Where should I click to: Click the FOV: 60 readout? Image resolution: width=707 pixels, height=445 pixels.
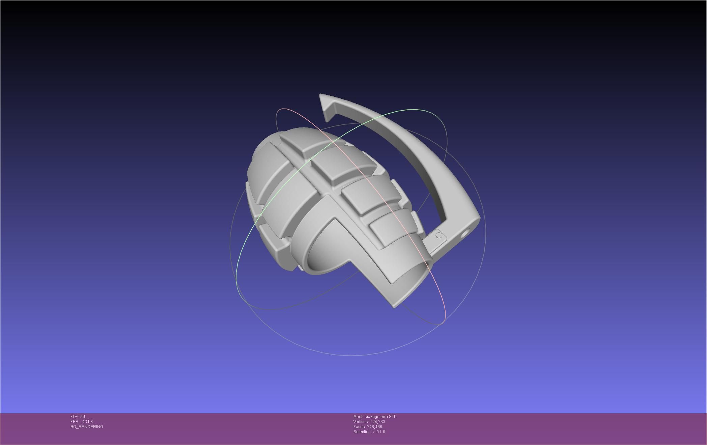click(x=78, y=417)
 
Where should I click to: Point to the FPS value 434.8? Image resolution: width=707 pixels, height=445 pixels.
click(x=87, y=422)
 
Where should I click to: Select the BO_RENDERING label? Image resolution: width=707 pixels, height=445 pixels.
click(x=87, y=427)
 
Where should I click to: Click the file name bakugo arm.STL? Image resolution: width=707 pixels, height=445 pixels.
click(x=381, y=417)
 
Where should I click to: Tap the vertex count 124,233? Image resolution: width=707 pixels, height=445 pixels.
click(x=377, y=422)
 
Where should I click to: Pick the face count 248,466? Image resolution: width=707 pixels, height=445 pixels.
click(x=374, y=427)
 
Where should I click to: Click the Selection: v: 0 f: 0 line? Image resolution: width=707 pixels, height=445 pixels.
click(x=369, y=432)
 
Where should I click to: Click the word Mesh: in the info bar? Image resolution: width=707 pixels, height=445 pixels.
click(x=359, y=417)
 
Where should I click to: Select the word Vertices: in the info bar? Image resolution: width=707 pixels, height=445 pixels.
click(x=361, y=422)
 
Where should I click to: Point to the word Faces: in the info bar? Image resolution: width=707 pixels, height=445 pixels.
click(x=360, y=427)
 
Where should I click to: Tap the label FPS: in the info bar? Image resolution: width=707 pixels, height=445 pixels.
click(x=75, y=422)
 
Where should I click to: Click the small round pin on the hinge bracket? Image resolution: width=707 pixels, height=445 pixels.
click(x=439, y=235)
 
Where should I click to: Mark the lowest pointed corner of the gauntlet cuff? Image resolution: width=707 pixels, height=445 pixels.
click(x=394, y=307)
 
